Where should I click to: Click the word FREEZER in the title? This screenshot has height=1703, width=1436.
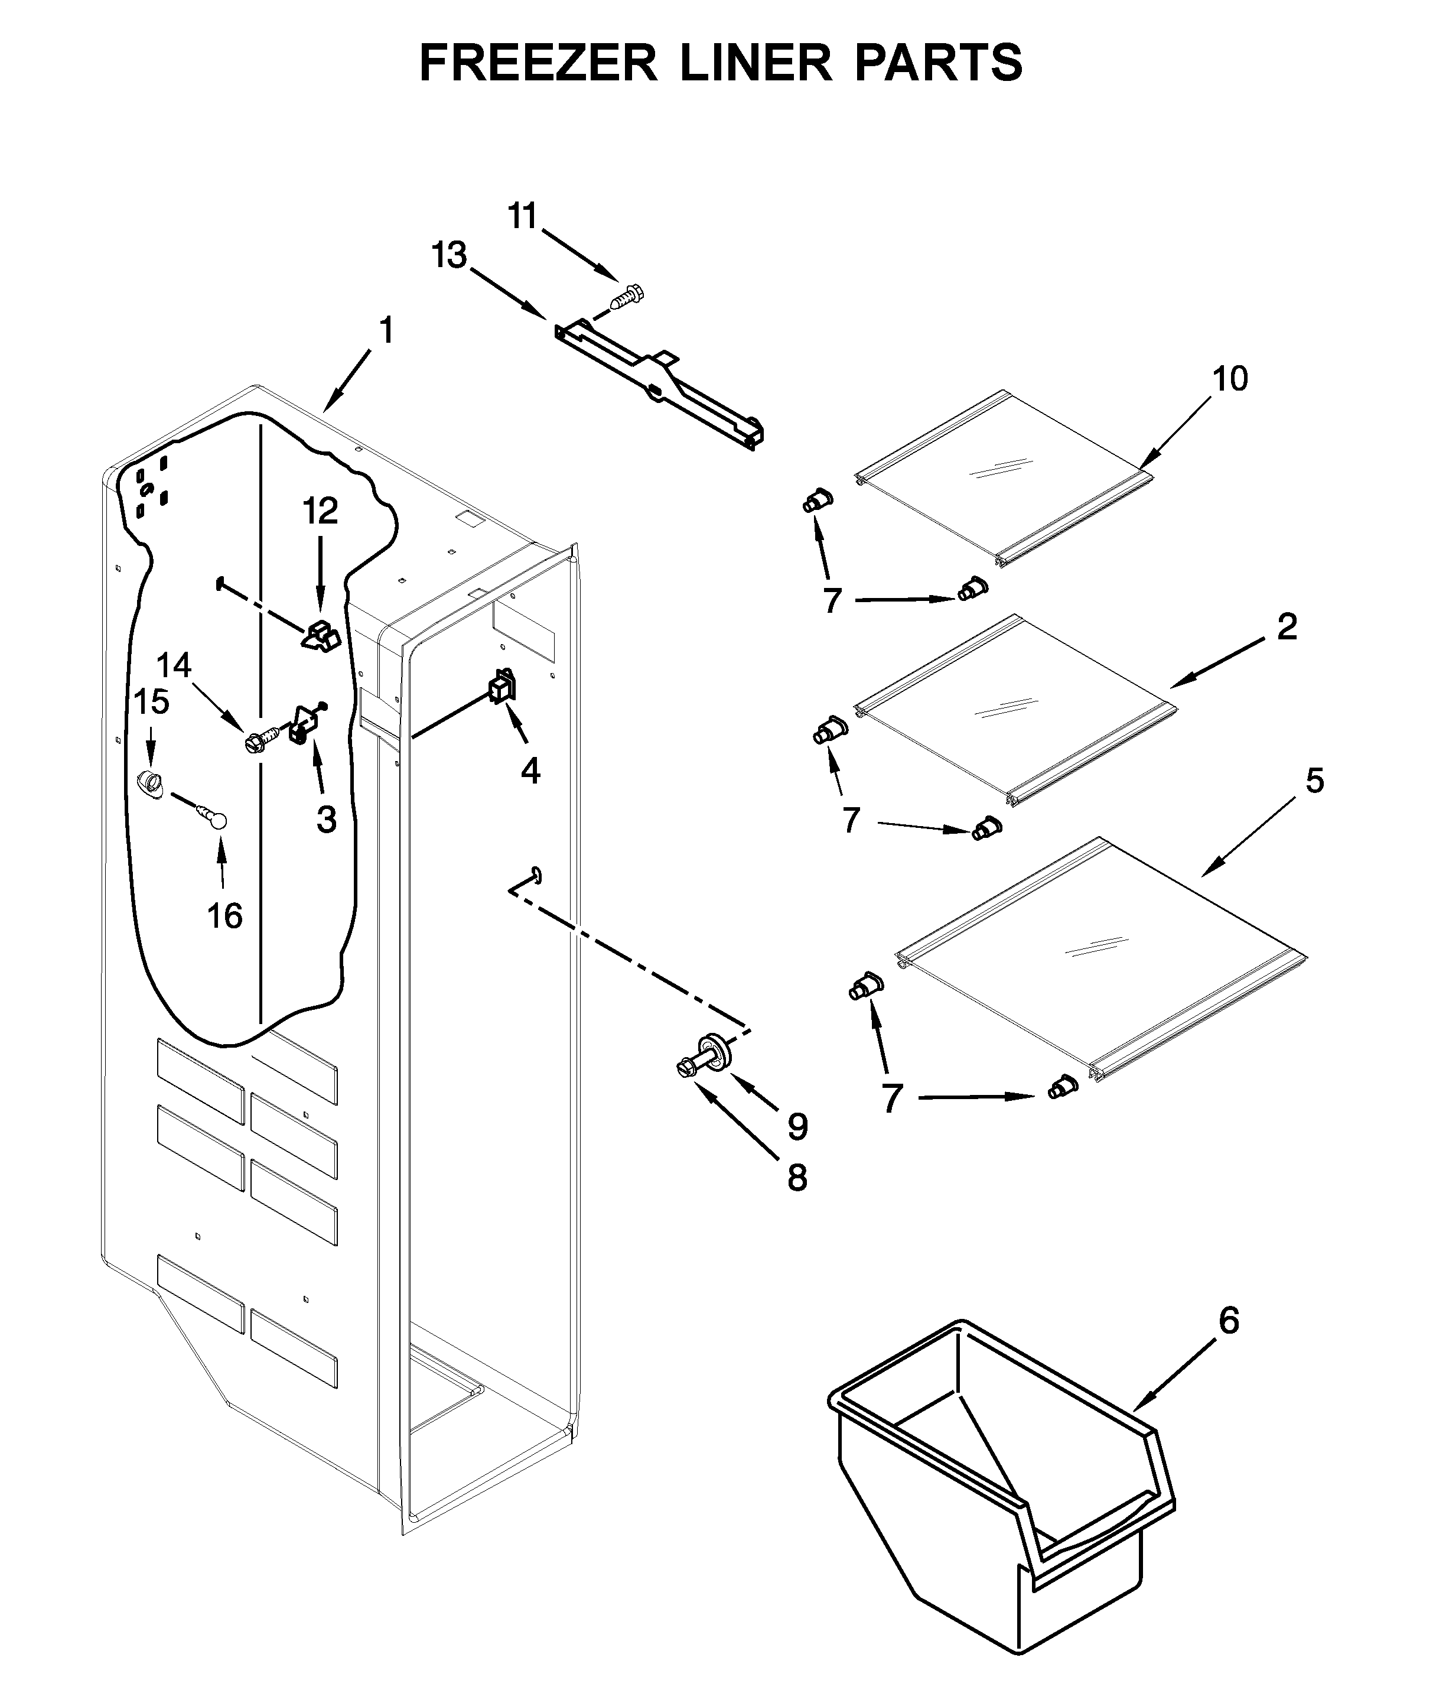point(538,64)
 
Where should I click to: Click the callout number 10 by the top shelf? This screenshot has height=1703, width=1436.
point(1229,379)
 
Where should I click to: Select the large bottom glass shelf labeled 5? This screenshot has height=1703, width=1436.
point(1099,961)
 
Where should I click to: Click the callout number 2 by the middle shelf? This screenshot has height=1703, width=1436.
point(1286,626)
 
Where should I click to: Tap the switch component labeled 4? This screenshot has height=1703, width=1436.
point(502,686)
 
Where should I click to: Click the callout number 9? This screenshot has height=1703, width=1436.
point(797,1126)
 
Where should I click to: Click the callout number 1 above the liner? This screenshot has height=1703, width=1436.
point(386,331)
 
